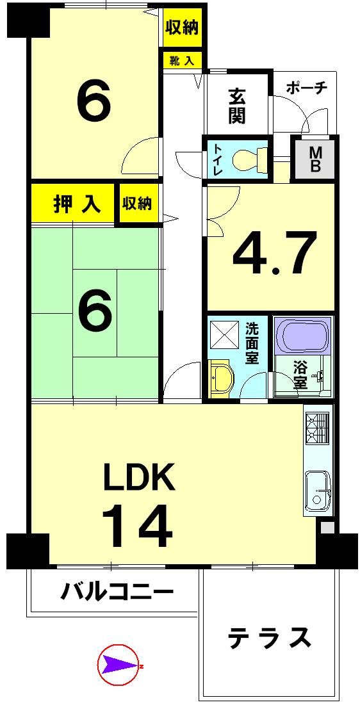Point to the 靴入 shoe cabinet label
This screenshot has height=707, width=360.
182,61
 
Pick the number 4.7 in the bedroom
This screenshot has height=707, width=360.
275,254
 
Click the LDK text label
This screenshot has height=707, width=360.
140,477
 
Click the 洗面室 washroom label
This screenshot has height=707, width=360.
252,343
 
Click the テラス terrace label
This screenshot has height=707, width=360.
270,638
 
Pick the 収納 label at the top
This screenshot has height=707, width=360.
182,28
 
